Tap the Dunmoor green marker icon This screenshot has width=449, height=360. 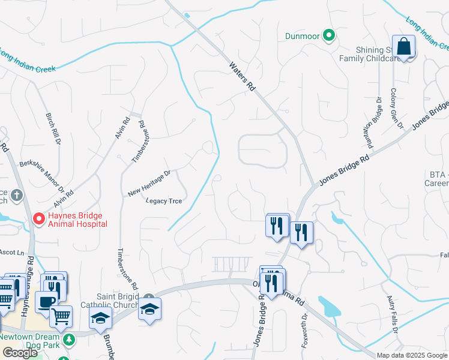(x=328, y=36)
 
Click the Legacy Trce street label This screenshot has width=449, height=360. (x=164, y=201)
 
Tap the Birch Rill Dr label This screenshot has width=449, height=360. (x=53, y=128)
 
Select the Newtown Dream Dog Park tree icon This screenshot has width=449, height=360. (x=70, y=340)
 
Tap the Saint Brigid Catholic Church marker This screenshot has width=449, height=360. (x=149, y=298)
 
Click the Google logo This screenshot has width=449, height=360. (x=20, y=353)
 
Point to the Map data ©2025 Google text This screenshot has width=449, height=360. (x=412, y=355)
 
